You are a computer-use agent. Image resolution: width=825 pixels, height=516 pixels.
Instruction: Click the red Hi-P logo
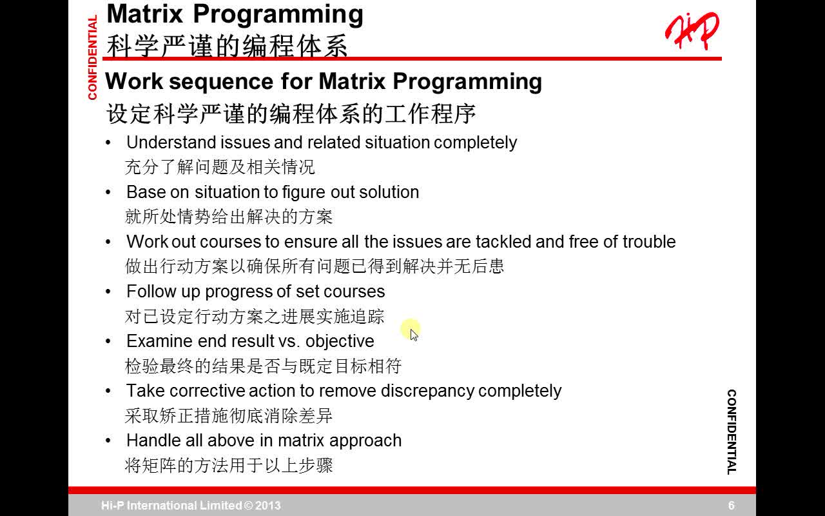coord(692,30)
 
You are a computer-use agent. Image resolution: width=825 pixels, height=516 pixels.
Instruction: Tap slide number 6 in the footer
coord(731,506)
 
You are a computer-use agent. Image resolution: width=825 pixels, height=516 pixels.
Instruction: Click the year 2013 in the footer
coord(269,506)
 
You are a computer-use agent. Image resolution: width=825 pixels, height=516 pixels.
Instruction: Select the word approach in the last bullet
coord(365,441)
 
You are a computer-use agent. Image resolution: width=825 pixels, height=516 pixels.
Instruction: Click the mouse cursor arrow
coord(413,334)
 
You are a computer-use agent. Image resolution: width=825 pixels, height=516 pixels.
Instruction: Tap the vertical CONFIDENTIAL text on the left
coord(92,58)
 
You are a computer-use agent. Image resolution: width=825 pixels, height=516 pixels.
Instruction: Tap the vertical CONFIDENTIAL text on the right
coord(732,432)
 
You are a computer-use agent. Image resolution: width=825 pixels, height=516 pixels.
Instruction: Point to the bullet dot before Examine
coord(108,341)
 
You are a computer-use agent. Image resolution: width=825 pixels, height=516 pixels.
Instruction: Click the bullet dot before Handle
coord(108,441)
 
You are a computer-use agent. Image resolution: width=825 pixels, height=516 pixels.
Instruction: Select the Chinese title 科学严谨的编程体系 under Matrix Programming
coord(227,46)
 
